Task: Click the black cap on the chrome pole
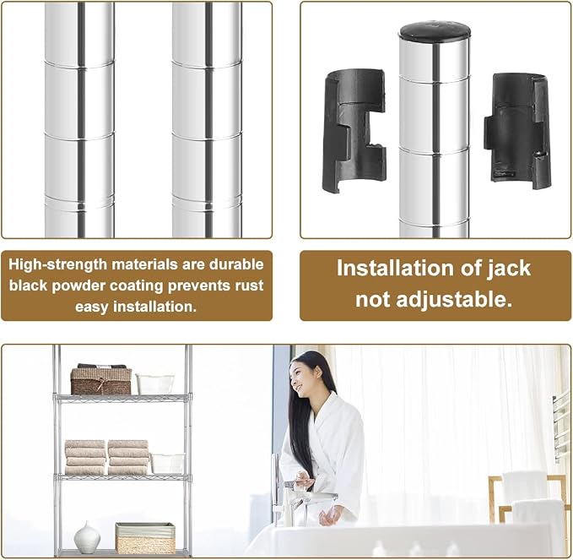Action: [435, 31]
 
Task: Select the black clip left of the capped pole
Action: [354, 131]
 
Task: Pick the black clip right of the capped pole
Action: [516, 130]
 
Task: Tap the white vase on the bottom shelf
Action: [87, 536]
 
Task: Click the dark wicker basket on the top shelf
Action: [101, 381]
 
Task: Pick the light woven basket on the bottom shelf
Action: [145, 538]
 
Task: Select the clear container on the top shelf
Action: [155, 384]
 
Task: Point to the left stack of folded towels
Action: [85, 458]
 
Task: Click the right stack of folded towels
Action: [128, 458]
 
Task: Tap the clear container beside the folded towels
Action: [168, 464]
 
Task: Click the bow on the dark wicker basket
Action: [103, 383]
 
